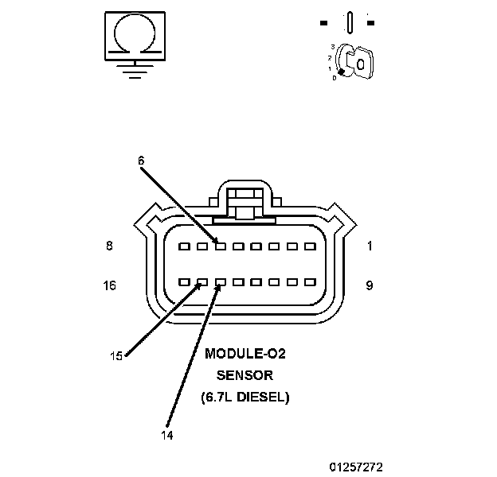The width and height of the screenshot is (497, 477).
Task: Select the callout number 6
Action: coord(141,161)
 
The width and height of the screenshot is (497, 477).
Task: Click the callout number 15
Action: coord(116,356)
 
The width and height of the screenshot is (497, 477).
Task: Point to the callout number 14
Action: coord(167,435)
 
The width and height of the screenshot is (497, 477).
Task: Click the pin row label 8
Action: coord(109,246)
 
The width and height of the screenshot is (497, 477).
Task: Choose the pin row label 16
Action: coord(110,285)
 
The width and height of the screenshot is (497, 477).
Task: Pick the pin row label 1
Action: coord(370,246)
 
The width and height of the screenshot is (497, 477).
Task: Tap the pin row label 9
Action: coord(370,285)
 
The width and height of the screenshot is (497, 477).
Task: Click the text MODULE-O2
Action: coord(245,354)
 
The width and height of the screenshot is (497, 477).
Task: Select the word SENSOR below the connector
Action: coord(245,374)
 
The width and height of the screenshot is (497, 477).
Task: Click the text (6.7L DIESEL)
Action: coord(245,395)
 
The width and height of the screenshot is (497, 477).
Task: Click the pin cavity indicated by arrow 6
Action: coord(220,246)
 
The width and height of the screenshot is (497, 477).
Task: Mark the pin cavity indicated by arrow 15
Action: coord(202,282)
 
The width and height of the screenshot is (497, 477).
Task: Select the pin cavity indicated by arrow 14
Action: coord(220,282)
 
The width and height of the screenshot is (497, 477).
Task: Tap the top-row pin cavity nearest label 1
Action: coord(311,246)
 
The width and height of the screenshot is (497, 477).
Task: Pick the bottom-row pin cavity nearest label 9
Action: coord(311,282)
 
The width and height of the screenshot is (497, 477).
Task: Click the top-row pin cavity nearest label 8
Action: coord(184,246)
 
